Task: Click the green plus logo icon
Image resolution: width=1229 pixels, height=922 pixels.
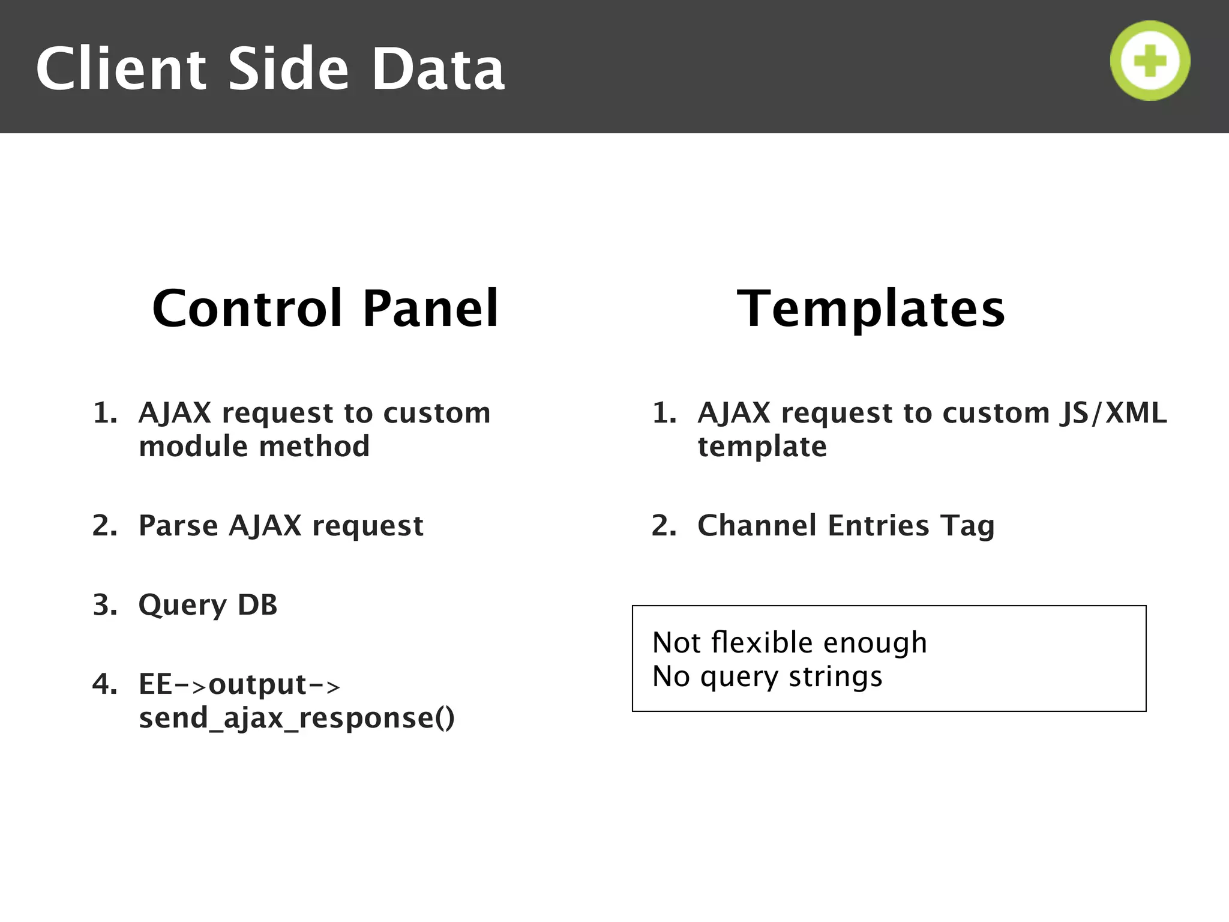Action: pos(1150,61)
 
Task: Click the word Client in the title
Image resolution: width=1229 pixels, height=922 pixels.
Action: pos(121,69)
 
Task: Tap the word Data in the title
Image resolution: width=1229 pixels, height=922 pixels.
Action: pos(437,69)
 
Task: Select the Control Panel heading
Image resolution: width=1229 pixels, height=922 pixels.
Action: pos(325,309)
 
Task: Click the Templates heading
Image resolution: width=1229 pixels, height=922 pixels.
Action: pos(871,309)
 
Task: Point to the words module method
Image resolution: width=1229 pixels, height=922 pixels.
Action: pos(254,447)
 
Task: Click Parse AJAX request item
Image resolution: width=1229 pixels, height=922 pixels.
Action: pos(281,526)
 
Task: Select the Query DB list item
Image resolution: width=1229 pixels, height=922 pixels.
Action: pos(208,605)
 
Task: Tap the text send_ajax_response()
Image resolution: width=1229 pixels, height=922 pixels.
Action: pos(296,718)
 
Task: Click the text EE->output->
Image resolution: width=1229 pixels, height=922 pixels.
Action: pos(239,684)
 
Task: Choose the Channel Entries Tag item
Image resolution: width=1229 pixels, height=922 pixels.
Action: pos(846,526)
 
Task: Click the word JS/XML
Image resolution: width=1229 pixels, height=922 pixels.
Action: pos(1113,413)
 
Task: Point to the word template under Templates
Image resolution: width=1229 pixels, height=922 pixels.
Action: pos(762,447)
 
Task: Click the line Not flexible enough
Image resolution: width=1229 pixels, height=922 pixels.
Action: pos(789,643)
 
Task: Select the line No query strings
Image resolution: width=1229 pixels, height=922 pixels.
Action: pos(767,676)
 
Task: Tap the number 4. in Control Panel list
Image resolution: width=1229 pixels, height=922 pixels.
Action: pos(104,684)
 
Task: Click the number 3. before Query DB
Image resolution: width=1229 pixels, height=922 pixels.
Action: pos(104,605)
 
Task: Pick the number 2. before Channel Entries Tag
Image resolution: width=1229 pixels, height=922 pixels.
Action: pos(664,526)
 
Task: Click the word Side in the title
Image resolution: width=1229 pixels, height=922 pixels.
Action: pos(288,69)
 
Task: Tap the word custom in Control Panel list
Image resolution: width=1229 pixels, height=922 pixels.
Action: pos(436,413)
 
